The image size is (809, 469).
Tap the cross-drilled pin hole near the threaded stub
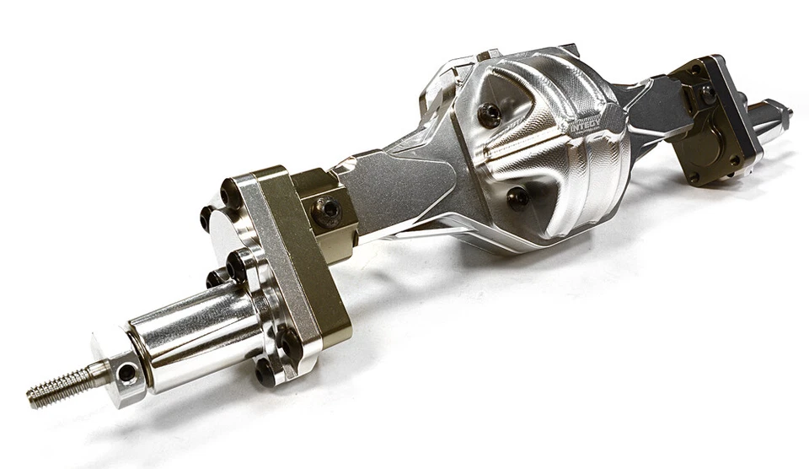click(126, 371)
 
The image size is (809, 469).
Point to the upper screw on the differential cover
click(489, 114)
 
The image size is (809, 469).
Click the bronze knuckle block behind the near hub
click(324, 202)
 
